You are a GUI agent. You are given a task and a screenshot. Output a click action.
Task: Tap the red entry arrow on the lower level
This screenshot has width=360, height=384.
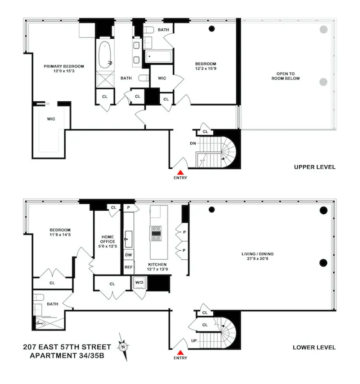pos(180,352)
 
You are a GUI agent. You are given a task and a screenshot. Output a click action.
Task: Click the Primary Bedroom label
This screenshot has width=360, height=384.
pos(63,69)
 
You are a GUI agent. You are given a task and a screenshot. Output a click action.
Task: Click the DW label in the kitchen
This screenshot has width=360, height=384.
pos(128,255)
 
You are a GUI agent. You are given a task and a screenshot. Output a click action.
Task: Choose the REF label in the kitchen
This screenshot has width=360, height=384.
pos(128,267)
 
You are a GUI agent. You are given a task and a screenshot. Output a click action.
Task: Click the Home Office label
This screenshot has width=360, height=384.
pos(107,241)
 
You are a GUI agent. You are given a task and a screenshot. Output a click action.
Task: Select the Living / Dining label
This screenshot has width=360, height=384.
pos(257,257)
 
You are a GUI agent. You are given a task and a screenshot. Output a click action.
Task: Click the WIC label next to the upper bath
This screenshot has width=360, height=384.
pos(162,78)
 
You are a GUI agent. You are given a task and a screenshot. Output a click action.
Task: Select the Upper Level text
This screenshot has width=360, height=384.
pos(315,167)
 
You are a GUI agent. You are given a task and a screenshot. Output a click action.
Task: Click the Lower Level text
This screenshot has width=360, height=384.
pos(315,347)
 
